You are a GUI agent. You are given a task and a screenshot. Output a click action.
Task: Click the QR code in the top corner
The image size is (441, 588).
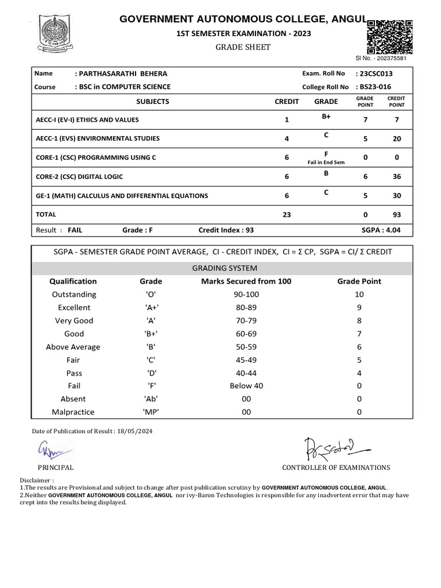pos(390,36)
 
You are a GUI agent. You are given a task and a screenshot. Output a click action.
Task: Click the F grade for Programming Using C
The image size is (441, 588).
pos(326,154)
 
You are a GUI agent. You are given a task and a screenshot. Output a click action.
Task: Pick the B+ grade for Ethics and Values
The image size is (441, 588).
pos(326,117)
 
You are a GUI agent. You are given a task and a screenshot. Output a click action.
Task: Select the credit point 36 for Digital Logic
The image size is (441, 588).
pos(397,177)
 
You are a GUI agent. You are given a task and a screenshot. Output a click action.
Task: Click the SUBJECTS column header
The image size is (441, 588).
pos(153,102)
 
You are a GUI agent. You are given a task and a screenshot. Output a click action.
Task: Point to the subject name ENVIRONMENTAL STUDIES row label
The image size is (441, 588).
pos(98,138)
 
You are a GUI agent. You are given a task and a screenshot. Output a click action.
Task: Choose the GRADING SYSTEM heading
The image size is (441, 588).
pos(225,268)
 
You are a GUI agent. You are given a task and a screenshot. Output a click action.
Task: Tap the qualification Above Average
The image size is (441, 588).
pos(73,347)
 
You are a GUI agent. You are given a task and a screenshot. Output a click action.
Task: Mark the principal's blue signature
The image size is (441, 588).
pos(53,448)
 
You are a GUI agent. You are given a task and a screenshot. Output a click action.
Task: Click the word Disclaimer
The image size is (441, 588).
pos(36,479)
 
